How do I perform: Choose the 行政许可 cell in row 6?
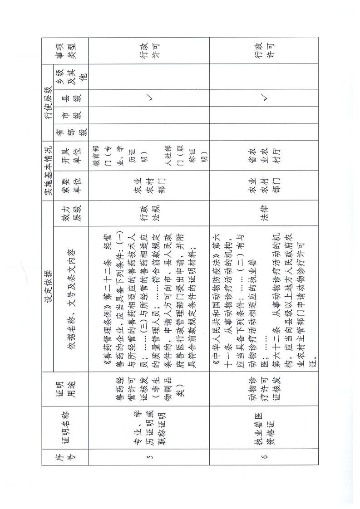tap(265, 54)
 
